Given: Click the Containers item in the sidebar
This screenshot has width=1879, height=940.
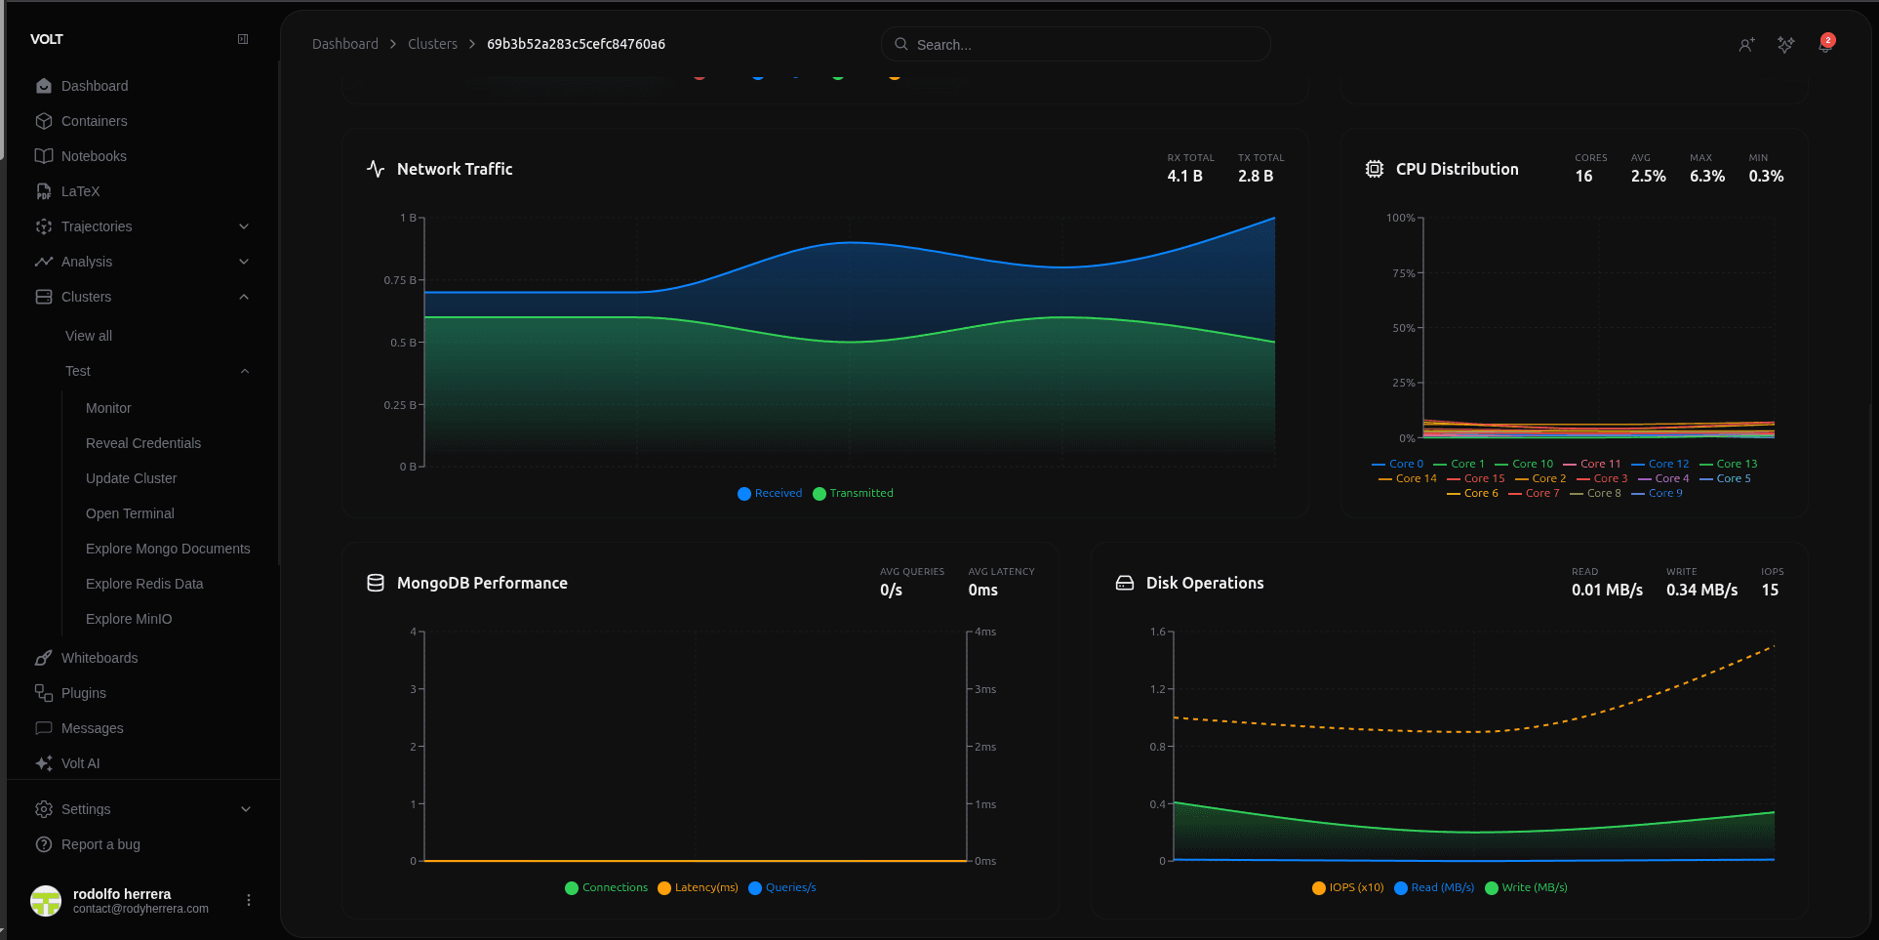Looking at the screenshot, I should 94,121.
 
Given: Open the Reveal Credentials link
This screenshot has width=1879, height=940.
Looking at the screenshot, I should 143,443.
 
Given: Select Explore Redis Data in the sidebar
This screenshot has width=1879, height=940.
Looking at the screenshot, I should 144,584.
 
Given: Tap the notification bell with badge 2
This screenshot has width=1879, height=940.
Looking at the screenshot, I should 1824,44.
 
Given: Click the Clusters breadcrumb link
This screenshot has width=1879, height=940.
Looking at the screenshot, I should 432,44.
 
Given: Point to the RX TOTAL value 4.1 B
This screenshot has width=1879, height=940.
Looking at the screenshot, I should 1184,177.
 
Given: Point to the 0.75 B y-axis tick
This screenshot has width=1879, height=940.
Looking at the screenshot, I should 400,280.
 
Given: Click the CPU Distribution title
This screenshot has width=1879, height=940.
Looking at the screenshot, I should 1457,169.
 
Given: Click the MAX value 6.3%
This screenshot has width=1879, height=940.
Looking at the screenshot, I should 1706,177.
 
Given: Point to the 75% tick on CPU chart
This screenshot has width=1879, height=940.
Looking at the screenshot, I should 1403,273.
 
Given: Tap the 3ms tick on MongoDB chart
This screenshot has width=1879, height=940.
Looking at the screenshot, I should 985,689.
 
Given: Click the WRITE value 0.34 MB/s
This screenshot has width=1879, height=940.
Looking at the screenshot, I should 1701,591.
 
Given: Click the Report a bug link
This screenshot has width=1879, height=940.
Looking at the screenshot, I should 100,844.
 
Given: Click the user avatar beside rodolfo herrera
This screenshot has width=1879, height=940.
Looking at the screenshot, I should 46,900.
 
